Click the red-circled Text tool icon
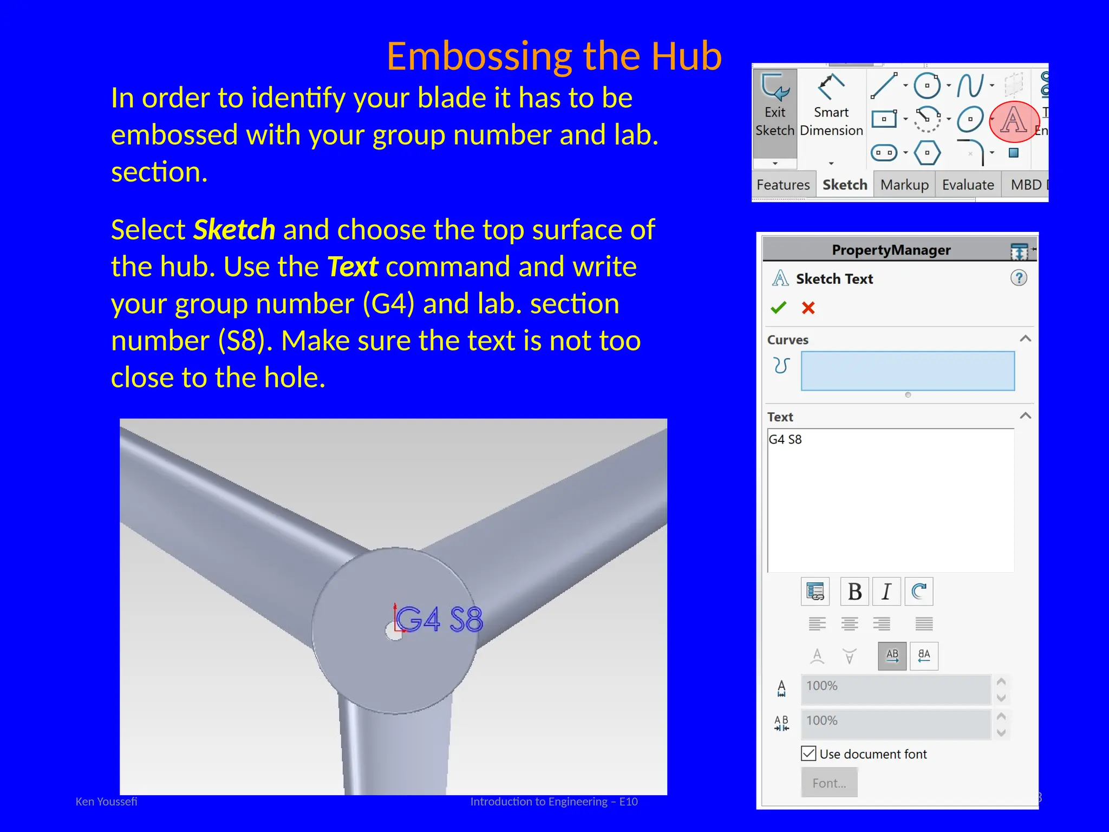1013,121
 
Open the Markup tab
904,185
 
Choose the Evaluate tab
968,185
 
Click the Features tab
783,185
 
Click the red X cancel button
808,308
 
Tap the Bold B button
854,591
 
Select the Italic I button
886,591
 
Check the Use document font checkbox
808,753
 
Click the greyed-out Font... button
829,783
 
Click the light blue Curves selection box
908,371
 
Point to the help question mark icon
1019,278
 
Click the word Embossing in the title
479,56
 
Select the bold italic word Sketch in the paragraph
234,230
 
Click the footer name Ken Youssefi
106,802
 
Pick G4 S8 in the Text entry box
785,439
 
